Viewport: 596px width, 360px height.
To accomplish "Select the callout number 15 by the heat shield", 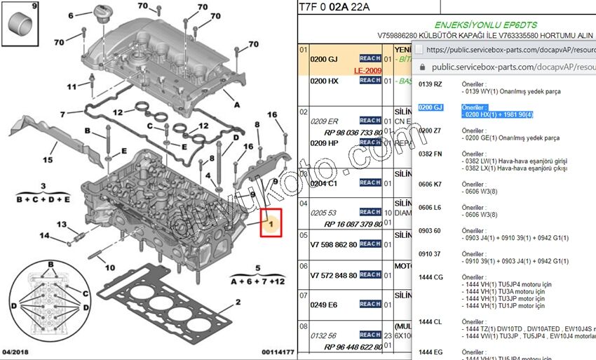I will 47,160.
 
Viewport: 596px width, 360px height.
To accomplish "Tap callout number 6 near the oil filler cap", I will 69,15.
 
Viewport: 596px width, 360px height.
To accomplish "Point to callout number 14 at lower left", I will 45,235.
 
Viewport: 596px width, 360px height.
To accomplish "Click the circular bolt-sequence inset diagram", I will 50,298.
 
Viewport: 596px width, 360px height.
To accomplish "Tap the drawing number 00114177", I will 278,351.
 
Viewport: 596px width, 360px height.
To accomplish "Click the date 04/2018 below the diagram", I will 15,351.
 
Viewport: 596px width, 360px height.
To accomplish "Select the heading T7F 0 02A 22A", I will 333,8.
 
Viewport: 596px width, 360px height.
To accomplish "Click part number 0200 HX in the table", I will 324,81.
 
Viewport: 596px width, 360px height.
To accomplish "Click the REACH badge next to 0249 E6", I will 370,305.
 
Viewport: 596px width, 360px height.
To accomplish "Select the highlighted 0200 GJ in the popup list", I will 431,107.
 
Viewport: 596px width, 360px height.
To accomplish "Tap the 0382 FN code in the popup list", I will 431,153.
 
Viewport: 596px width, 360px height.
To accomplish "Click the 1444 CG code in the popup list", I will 431,277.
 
